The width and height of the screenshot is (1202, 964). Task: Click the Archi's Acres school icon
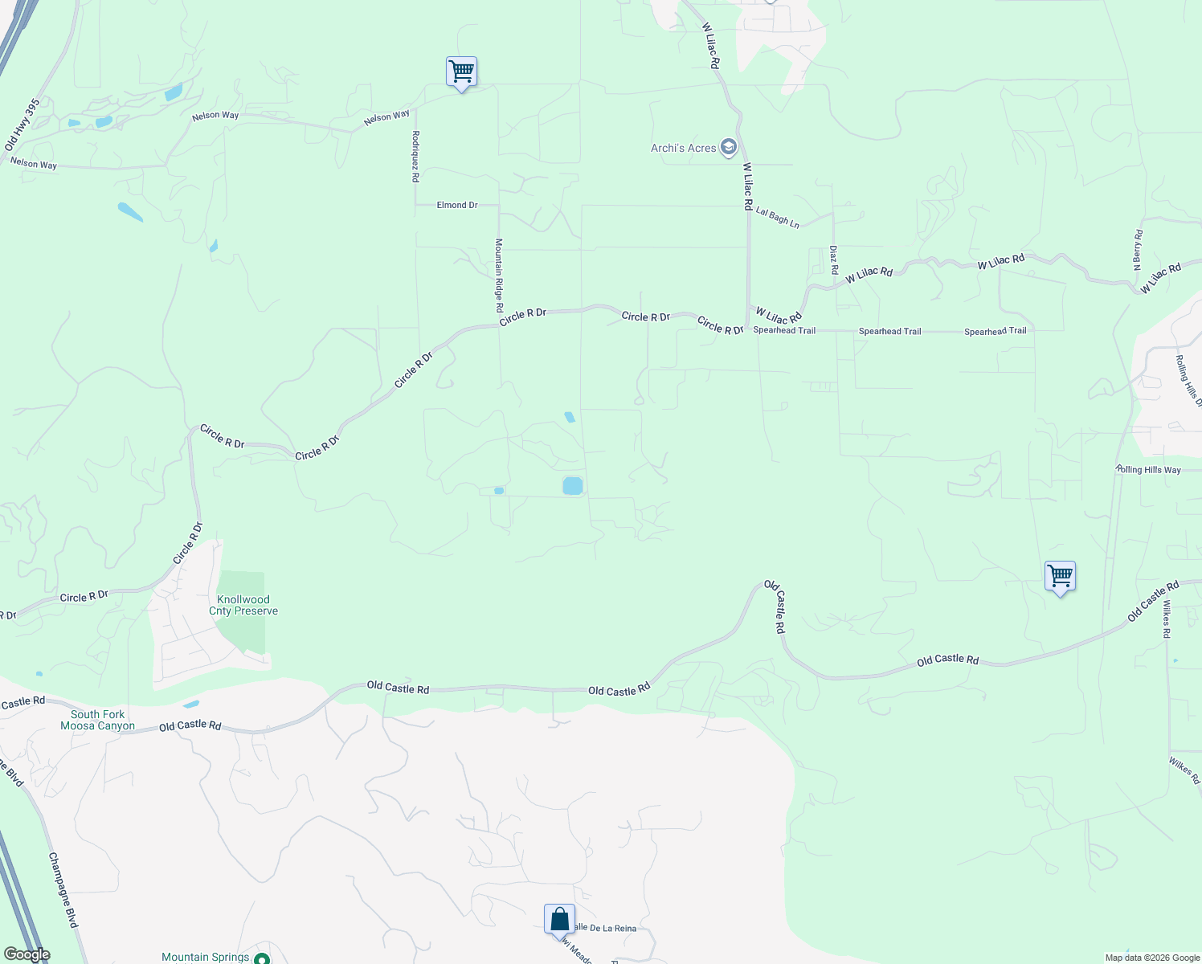[x=729, y=147]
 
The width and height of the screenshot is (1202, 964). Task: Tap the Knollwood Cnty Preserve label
[x=243, y=605]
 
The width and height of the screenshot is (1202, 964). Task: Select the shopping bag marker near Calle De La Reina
[x=559, y=919]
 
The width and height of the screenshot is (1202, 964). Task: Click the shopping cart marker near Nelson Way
[x=461, y=71]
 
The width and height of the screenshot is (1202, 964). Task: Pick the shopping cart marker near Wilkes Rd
[x=1060, y=576]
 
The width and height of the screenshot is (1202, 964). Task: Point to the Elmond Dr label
[x=457, y=205]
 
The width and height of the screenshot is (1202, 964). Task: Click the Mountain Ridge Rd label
[x=499, y=276]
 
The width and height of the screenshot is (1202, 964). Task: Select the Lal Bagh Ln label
[x=777, y=217]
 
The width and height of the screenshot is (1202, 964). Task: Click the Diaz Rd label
[x=834, y=259]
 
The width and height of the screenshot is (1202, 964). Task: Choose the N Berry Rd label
[x=1138, y=250]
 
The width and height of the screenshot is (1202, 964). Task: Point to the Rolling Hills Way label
[x=1148, y=469]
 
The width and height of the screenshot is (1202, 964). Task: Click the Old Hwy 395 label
[x=22, y=125]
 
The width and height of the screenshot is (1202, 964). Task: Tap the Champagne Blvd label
[x=63, y=890]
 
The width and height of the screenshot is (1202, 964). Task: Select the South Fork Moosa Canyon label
[x=98, y=720]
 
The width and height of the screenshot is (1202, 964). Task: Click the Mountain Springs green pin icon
[x=261, y=958]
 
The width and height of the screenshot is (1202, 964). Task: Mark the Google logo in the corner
[x=27, y=954]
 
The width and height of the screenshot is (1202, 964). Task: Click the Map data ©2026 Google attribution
[x=1152, y=958]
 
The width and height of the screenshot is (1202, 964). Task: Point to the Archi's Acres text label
[x=683, y=148]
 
